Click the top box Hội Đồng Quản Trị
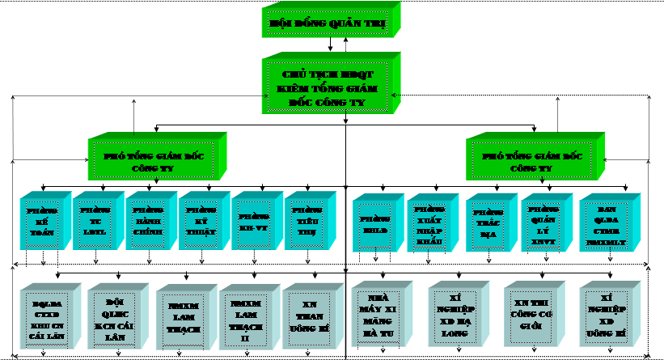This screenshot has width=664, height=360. [x=328, y=24]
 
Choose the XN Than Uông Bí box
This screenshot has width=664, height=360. [x=304, y=316]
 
